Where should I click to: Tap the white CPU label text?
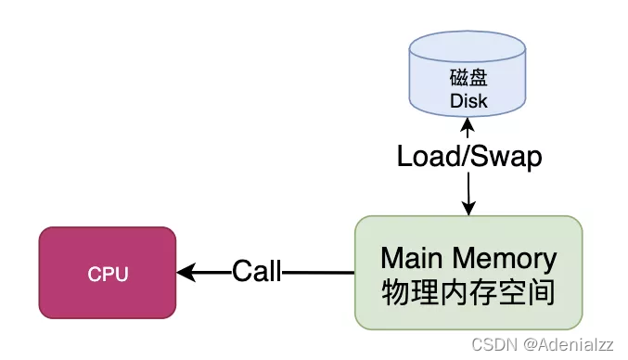coord(108,275)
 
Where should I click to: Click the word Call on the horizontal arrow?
coord(256,272)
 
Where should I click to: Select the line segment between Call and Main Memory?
coord(318,273)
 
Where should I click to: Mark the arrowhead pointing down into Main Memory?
coord(468,209)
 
